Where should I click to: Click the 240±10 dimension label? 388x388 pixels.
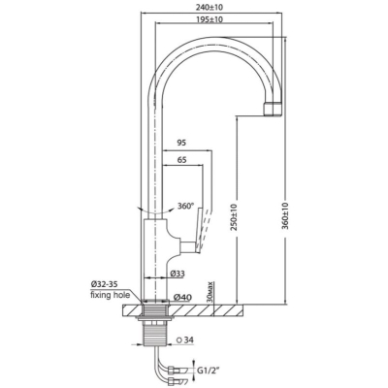[211, 7]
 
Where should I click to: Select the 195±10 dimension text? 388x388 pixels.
[210, 19]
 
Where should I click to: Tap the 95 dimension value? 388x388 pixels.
[181, 143]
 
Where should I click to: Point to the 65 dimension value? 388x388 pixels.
[181, 160]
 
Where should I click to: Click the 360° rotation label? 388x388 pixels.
[185, 206]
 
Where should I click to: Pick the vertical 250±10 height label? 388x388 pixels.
[234, 216]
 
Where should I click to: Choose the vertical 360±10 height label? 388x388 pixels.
[285, 216]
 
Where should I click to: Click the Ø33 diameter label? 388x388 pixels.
[178, 274]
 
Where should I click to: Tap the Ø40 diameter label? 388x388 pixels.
[182, 297]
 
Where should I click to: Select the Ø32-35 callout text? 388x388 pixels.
[104, 284]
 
